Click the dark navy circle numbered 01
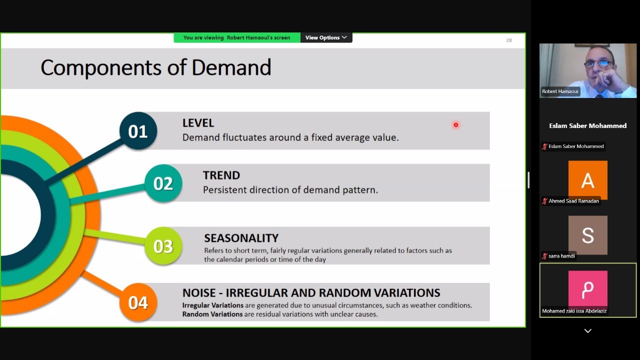point(138,131)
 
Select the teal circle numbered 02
point(163,183)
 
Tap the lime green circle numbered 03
point(163,245)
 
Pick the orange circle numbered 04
point(138,302)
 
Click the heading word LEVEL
point(198,123)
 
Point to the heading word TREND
point(221,175)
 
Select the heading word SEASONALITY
point(241,238)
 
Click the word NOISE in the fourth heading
point(199,293)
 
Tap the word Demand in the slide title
point(231,67)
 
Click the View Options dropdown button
point(326,37)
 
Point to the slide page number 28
point(509,40)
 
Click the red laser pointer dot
point(455,125)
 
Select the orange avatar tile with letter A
point(587,180)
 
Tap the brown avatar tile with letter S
point(587,235)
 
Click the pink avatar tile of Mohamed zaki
point(587,289)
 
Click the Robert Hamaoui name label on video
point(560,91)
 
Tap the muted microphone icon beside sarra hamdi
point(544,256)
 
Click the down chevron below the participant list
point(587,331)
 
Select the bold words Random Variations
point(212,314)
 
